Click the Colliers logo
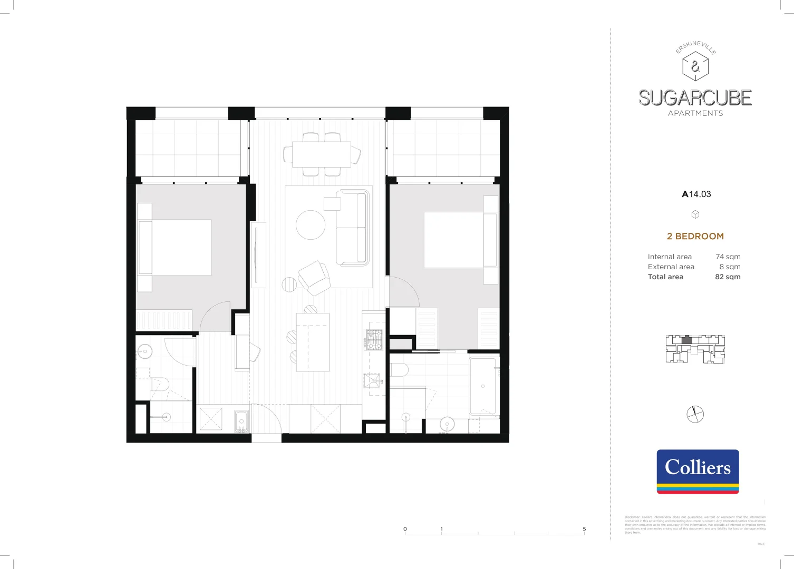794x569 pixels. [x=698, y=471]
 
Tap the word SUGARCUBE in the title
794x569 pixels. [x=695, y=98]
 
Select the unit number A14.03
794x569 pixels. [x=696, y=194]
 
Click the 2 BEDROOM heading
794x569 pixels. [x=695, y=236]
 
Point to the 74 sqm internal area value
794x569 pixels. [x=728, y=257]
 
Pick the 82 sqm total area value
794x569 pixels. [x=728, y=277]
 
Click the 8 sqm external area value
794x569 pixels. [x=730, y=267]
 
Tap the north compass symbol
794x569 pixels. [x=695, y=414]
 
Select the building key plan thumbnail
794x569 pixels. [x=695, y=349]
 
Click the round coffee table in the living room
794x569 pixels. [x=311, y=225]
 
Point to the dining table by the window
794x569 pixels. [x=322, y=154]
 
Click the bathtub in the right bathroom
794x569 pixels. [x=483, y=386]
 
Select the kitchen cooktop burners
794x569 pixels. [x=374, y=339]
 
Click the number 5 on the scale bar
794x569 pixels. [x=584, y=529]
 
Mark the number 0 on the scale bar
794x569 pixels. [x=405, y=529]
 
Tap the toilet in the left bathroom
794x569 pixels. [x=159, y=384]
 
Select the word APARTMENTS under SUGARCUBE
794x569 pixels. [x=695, y=113]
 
